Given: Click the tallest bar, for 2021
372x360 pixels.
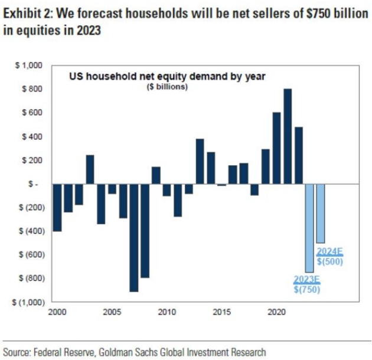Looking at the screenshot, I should (288, 136).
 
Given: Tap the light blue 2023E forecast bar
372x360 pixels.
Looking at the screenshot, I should (309, 228).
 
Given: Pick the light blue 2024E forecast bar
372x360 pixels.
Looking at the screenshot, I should (321, 213).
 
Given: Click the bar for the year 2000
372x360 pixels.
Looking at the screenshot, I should (57, 207).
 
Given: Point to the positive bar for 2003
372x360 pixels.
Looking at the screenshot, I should (90, 169).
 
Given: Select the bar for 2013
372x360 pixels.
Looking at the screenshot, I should (200, 161).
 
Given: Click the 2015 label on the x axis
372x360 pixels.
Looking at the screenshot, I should (221, 312).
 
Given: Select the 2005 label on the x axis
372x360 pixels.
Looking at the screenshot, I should (112, 312).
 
